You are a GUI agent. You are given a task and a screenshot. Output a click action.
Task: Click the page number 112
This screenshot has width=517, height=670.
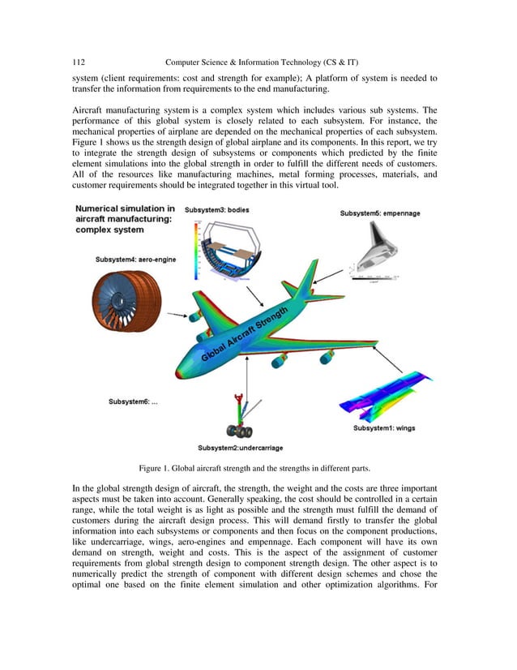(x=79, y=62)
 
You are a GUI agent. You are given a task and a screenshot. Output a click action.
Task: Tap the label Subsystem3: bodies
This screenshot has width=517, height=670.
(x=217, y=210)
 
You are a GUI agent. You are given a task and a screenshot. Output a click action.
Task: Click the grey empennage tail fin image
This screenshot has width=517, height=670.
(x=374, y=247)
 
